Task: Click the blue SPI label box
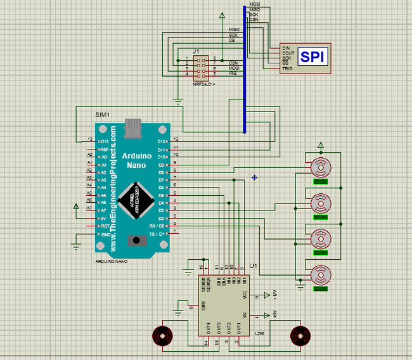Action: click(x=313, y=57)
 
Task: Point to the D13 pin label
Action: click(x=105, y=141)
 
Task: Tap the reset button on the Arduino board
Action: click(x=134, y=240)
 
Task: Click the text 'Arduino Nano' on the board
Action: click(x=137, y=160)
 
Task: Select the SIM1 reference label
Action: click(x=103, y=115)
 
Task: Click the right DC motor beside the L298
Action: click(x=299, y=335)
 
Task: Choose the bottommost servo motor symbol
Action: click(x=321, y=276)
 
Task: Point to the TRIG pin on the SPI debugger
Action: click(x=286, y=68)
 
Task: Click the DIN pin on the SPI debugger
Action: click(x=286, y=48)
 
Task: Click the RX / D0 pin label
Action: click(x=157, y=226)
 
